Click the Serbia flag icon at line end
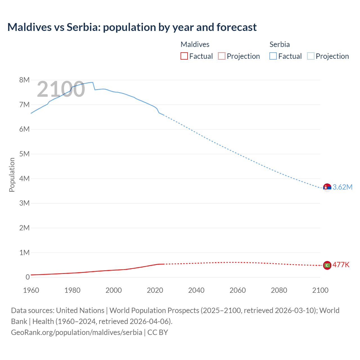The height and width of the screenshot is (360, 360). [327, 187]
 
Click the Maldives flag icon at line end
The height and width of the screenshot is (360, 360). [327, 265]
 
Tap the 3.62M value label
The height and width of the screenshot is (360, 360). [342, 187]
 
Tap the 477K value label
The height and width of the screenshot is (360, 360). [341, 265]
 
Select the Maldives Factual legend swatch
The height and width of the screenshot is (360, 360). [184, 56]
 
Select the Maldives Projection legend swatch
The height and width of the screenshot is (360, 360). [222, 56]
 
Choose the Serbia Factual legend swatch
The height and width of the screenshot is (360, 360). [273, 56]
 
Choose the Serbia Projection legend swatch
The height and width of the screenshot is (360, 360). [310, 56]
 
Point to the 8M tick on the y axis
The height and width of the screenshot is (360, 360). [24, 80]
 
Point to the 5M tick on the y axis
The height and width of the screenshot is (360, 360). [24, 154]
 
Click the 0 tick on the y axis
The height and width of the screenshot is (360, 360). [28, 277]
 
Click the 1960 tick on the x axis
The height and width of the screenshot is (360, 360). [31, 290]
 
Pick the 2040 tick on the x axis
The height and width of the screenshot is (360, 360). [196, 290]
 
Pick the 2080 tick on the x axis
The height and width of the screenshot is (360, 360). [279, 290]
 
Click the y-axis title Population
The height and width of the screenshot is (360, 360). [12, 175]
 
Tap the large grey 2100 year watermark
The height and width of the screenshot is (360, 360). [61, 89]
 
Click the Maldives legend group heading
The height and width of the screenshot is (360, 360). [195, 44]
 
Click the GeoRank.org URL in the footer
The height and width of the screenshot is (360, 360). [76, 332]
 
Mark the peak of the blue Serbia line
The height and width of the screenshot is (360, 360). [92, 82]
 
